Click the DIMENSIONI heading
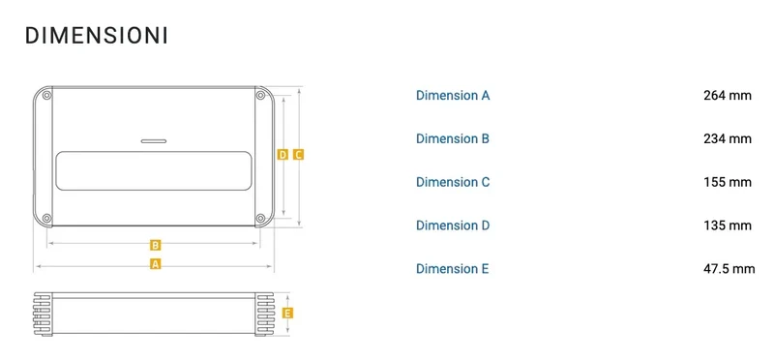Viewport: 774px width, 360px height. click(x=97, y=36)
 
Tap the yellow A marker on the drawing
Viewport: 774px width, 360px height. click(x=156, y=264)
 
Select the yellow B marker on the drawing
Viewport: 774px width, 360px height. click(x=155, y=245)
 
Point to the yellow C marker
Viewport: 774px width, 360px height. click(x=298, y=155)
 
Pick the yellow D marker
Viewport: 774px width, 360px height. click(x=283, y=155)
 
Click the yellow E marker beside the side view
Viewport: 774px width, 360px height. click(x=287, y=314)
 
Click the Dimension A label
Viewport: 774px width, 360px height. click(x=453, y=95)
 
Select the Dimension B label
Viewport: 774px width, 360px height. click(x=453, y=138)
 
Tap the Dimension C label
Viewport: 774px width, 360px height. click(x=453, y=182)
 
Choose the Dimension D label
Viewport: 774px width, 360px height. click(x=453, y=225)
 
